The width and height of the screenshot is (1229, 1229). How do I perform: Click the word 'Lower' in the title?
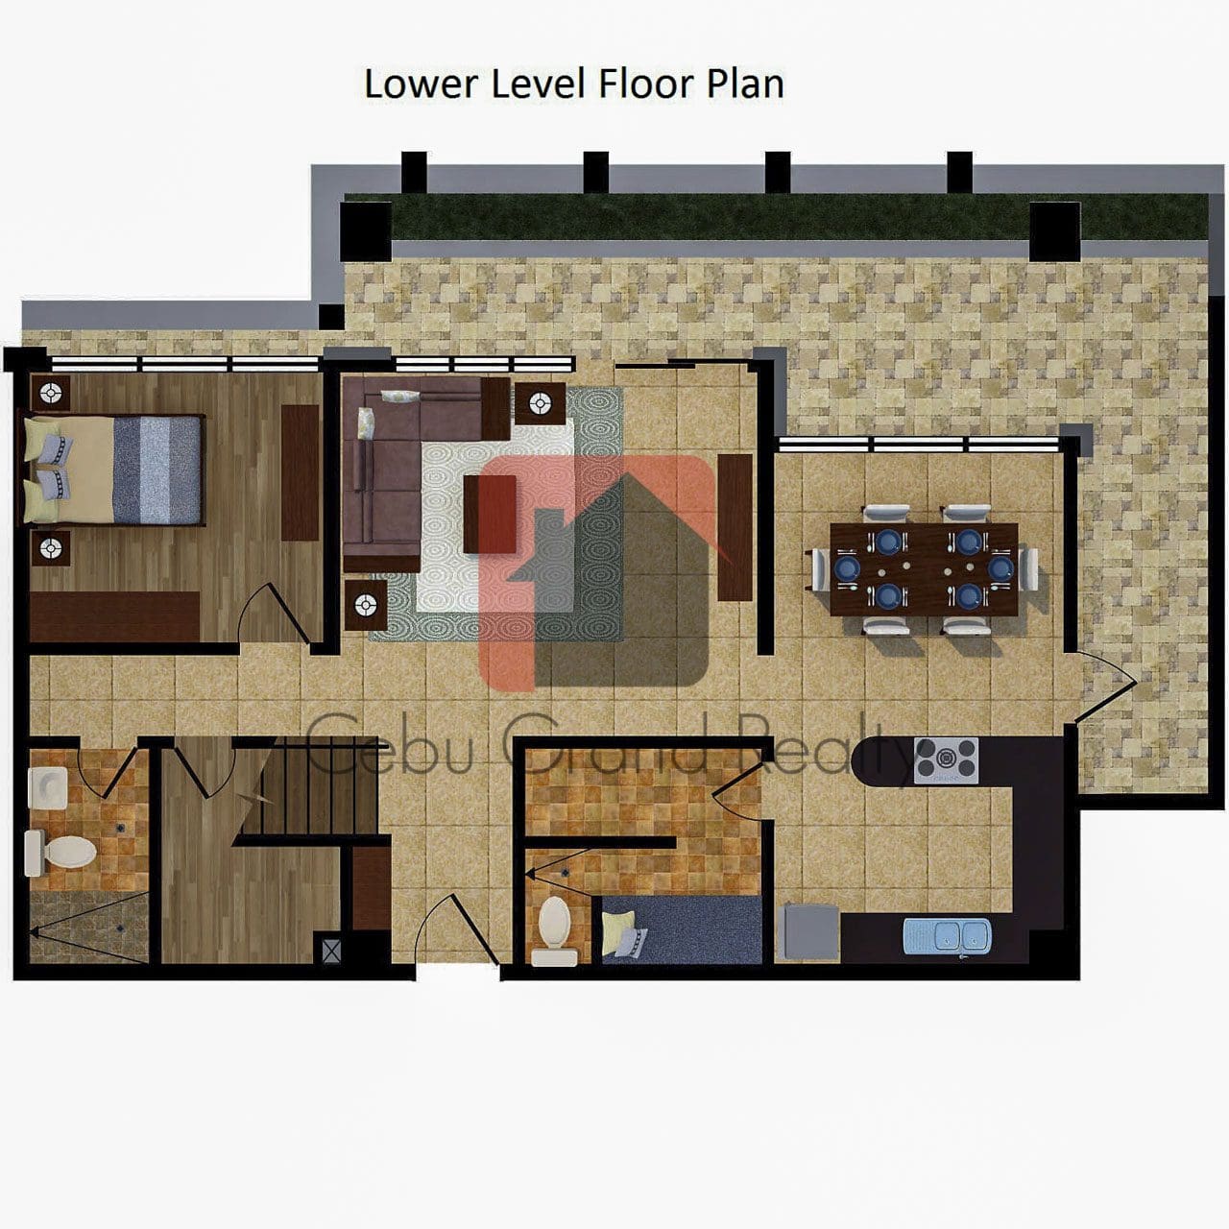coord(421,84)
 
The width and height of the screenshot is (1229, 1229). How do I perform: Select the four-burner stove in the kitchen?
coord(946,760)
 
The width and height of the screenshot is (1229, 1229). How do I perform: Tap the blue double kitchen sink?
coord(947,935)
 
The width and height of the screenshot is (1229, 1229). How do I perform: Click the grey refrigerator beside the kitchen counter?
coord(811,931)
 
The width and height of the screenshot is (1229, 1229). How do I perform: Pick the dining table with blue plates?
coord(924,569)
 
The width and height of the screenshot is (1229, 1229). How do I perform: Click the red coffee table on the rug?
coord(490,514)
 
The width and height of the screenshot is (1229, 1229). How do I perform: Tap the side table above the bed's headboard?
coord(50,393)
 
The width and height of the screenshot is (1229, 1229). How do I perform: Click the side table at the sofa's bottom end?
coord(366,604)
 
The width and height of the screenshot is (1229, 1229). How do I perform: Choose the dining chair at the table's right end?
coord(1028,569)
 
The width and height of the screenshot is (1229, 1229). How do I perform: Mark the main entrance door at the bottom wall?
coord(457,932)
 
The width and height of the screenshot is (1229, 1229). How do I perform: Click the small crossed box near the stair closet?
coord(331,950)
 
